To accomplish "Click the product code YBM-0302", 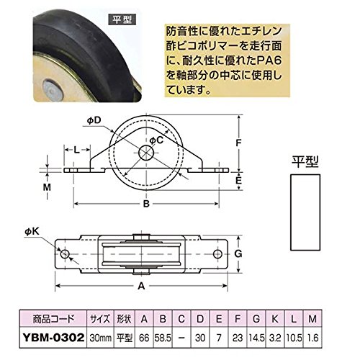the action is pos(53,338).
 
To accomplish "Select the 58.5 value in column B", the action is pos(163,338).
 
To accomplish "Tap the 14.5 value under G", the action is pos(256,338).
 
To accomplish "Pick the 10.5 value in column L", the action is pos(294,338).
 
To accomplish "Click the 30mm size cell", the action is pos(101,338).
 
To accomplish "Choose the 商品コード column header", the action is pos(53,319).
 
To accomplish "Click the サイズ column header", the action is pos(101,319).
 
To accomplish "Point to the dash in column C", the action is pos(181,338).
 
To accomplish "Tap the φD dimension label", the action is pos(94,120).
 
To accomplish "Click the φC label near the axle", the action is pos(156,140).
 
